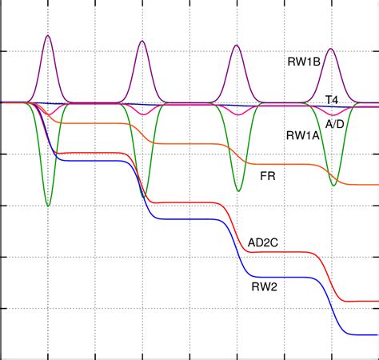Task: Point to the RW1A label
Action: point(303,135)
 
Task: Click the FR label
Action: point(267,174)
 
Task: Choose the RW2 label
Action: point(264,284)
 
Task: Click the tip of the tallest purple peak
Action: point(48,35)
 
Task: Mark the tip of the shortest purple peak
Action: point(332,49)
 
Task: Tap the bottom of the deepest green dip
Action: point(48,206)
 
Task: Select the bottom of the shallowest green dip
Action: point(333,186)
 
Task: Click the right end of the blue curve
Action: point(377,334)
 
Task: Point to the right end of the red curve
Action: point(377,302)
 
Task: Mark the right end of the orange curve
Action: point(377,184)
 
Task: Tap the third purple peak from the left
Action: point(237,45)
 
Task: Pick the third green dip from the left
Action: point(238,191)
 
